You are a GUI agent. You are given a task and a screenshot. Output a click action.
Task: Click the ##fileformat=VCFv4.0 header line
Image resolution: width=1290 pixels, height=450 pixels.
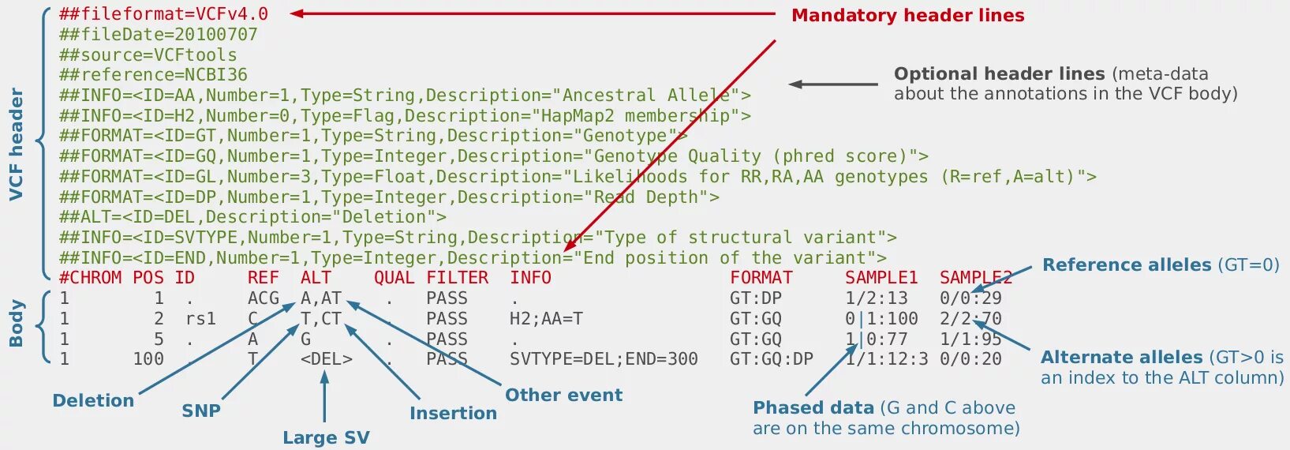[163, 14]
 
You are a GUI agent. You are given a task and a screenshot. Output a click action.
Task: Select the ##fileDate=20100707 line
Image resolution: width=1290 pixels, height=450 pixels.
[158, 35]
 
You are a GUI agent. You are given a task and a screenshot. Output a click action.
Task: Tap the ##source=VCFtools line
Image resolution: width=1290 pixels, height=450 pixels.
[148, 55]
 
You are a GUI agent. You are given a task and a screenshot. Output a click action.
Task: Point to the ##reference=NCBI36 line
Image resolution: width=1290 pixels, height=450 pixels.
[153, 75]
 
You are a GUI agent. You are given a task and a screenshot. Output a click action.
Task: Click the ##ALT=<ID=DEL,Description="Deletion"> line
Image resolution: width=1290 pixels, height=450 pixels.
[252, 217]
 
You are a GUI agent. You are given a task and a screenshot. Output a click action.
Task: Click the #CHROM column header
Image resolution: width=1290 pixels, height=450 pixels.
[90, 278]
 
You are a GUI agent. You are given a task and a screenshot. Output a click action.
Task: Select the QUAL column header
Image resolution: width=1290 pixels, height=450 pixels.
[394, 278]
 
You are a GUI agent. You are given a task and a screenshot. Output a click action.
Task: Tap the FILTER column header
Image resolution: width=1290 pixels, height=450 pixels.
[457, 278]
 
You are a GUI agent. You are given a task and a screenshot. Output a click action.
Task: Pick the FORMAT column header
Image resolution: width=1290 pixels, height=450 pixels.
[761, 278]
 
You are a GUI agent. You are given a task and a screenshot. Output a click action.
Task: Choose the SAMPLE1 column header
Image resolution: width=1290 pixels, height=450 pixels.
[881, 278]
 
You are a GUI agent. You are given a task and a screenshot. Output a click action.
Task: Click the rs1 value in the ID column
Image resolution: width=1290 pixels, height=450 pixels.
[200, 319]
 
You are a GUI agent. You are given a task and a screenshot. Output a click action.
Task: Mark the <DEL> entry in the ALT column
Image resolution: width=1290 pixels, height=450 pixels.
[326, 359]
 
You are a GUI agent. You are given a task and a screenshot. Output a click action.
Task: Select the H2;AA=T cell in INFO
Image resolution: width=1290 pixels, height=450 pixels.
[546, 319]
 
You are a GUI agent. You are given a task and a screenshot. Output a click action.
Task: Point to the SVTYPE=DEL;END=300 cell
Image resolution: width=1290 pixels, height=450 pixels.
[604, 359]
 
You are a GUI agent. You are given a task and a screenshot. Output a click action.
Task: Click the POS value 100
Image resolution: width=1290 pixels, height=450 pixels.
[148, 359]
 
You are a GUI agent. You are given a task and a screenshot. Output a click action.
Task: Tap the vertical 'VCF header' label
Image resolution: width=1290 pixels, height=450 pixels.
[16, 144]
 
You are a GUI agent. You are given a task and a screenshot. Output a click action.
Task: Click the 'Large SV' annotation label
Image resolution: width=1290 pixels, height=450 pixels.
[326, 437]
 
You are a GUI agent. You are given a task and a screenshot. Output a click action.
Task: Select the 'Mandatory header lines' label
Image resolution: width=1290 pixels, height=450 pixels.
[907, 16]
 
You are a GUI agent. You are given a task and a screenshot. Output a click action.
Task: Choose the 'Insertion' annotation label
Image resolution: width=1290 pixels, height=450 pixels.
[453, 413]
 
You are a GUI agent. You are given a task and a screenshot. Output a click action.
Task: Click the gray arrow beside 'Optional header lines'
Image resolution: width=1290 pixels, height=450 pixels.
[833, 84]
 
